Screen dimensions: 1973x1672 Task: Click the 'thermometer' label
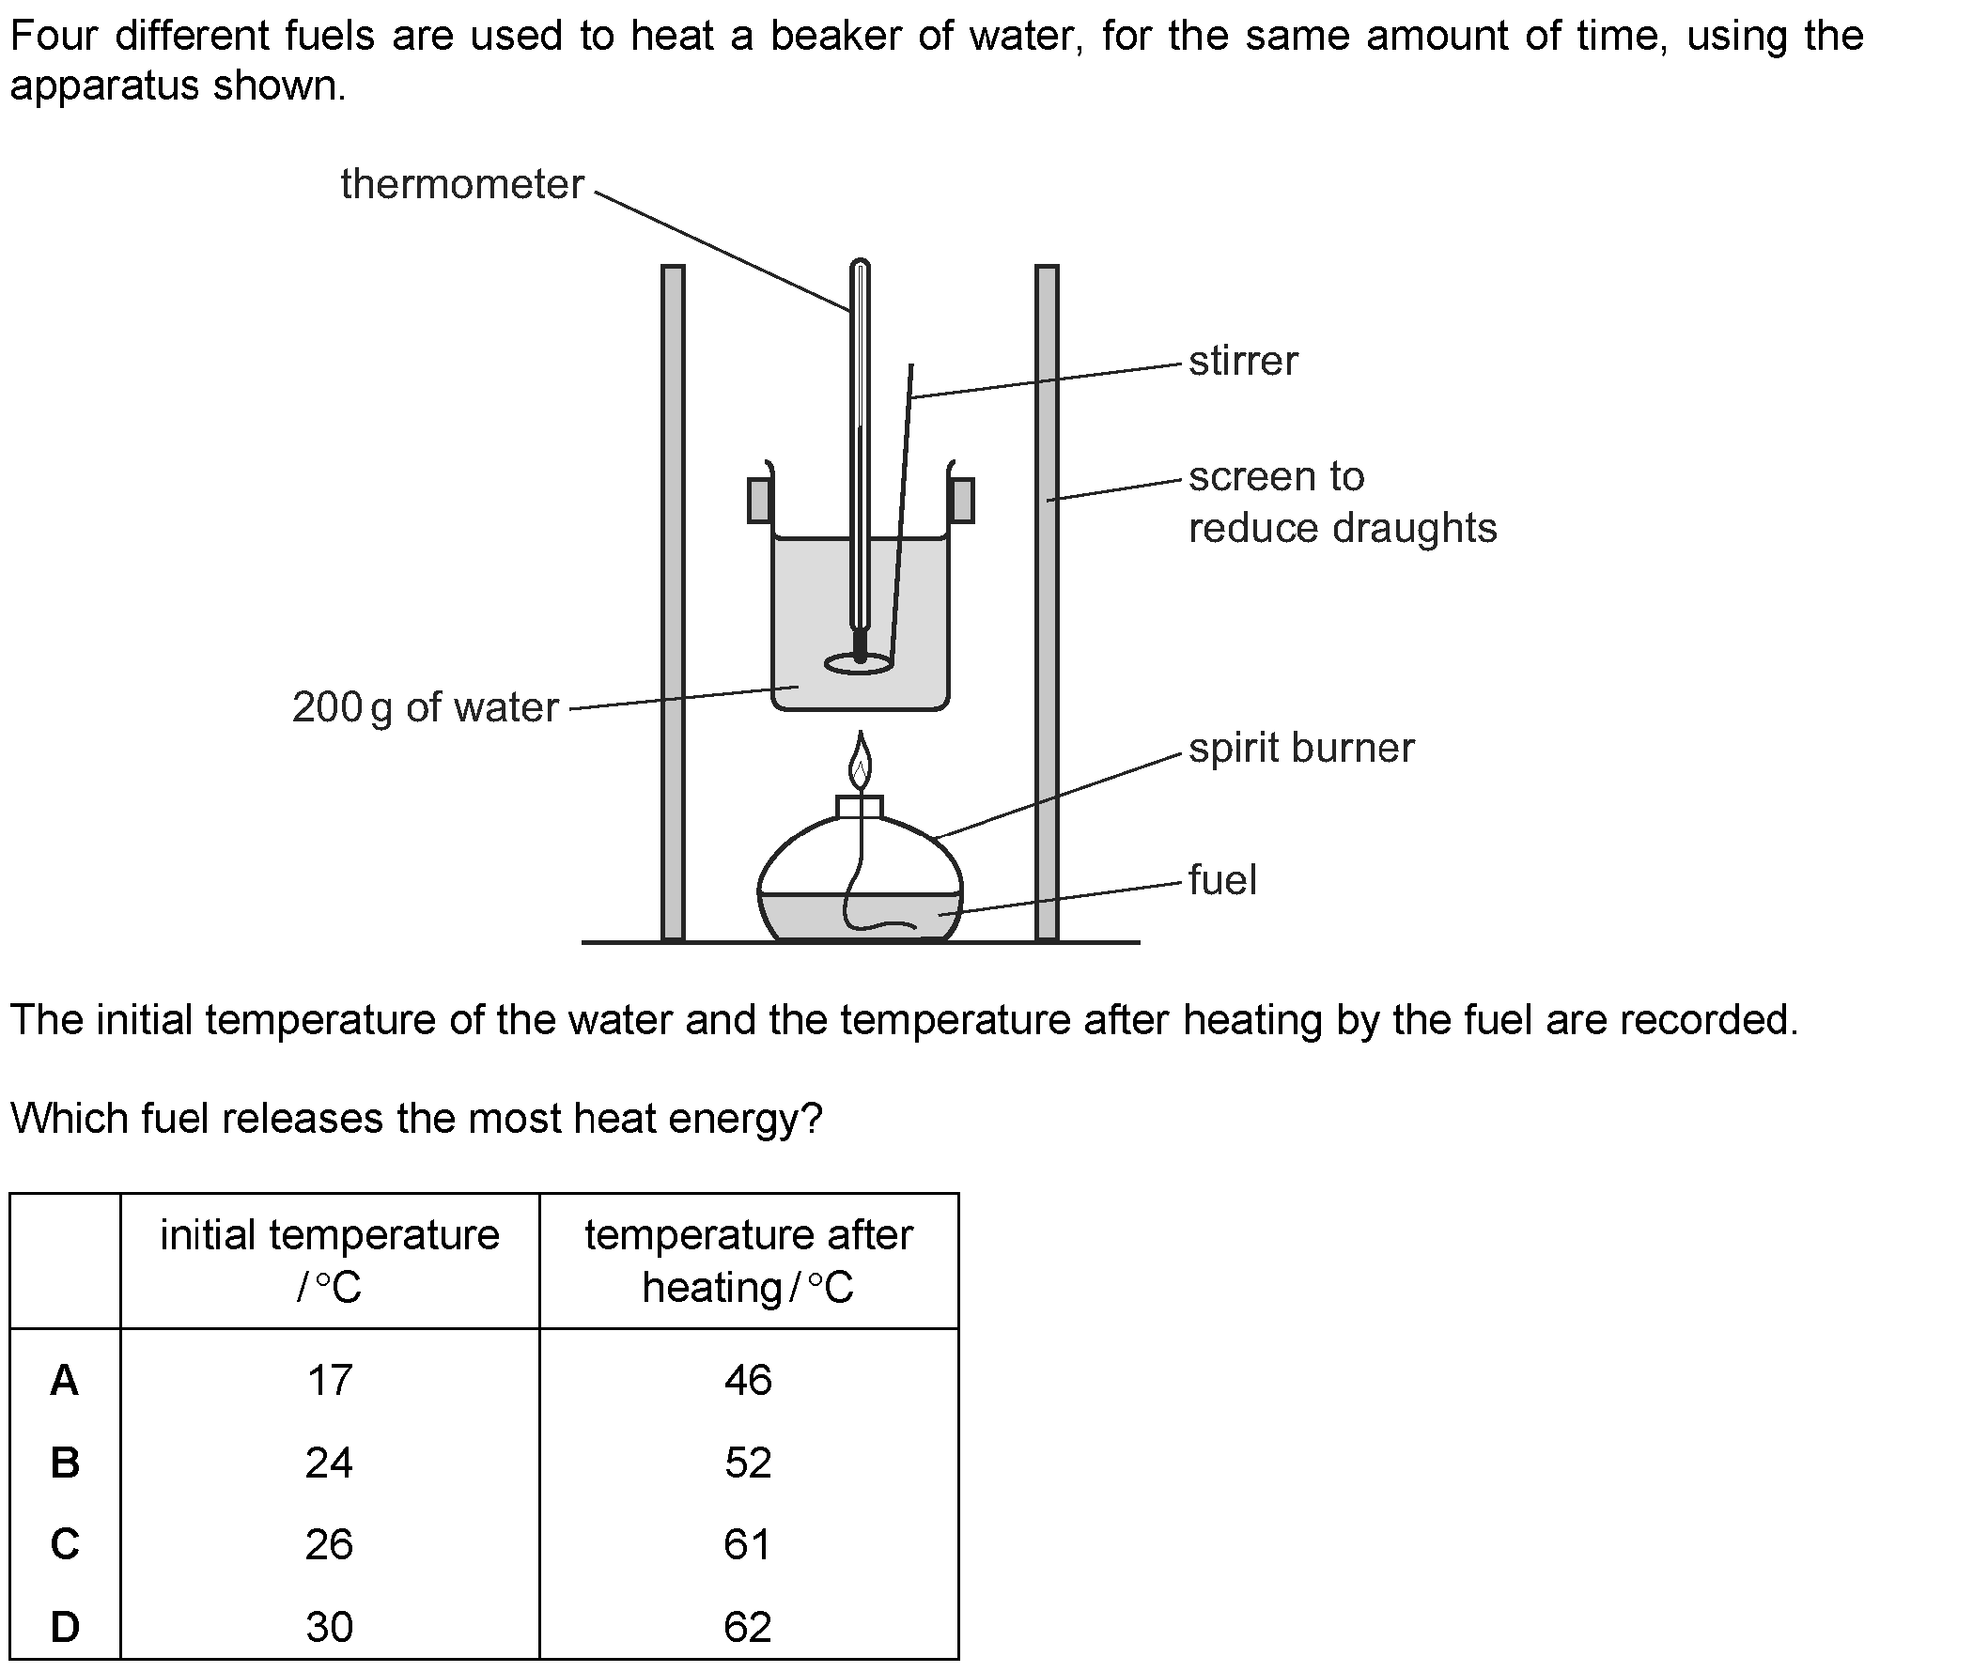[461, 184]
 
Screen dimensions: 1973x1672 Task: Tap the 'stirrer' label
[1243, 361]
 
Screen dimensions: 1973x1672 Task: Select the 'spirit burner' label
[1301, 749]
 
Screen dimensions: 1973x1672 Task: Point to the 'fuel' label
[1222, 879]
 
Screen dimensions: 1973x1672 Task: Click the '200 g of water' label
[426, 707]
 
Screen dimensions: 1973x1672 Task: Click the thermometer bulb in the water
[860, 646]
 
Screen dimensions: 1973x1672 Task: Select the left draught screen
[672, 603]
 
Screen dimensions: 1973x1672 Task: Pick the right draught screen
[1047, 603]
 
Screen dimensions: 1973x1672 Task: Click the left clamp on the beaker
[758, 501]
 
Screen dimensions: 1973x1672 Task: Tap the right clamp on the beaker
[962, 501]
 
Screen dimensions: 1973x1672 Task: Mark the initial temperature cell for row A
[329, 1380]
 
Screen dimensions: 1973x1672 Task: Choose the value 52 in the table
[748, 1463]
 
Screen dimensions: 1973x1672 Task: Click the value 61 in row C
[747, 1545]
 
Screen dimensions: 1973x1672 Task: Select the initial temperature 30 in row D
[329, 1628]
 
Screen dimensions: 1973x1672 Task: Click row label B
[65, 1463]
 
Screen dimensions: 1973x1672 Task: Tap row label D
[65, 1628]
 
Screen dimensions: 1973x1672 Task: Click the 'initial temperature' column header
[329, 1261]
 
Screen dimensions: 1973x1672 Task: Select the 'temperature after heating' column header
[748, 1261]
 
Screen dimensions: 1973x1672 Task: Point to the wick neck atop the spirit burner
[860, 807]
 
